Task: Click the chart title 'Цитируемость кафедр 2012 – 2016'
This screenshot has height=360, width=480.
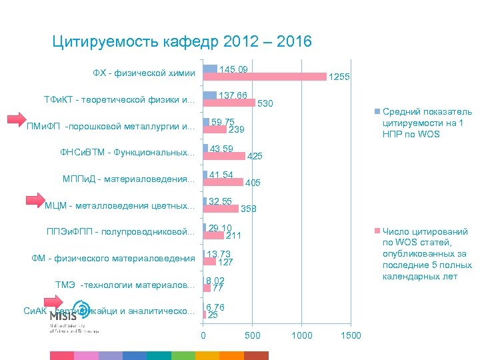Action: click(181, 42)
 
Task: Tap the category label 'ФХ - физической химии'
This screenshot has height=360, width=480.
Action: click(144, 73)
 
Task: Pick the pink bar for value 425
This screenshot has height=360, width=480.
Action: click(224, 156)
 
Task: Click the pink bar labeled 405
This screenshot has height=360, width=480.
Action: click(223, 182)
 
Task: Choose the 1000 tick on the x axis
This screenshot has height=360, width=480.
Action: click(302, 335)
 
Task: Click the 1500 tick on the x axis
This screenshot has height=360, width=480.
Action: click(351, 335)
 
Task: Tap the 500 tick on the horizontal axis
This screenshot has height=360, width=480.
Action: click(252, 335)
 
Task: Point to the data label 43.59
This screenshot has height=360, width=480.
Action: click(221, 148)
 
